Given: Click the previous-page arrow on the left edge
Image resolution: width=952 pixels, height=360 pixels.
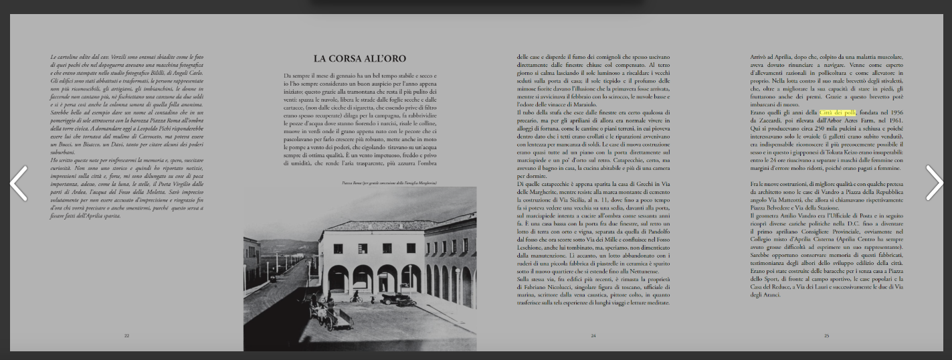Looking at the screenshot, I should pyautogui.click(x=18, y=183).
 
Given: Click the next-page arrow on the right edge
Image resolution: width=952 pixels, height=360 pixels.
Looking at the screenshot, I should pyautogui.click(x=934, y=183).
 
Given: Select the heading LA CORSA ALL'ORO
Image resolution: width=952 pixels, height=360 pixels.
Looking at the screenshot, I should pyautogui.click(x=359, y=59).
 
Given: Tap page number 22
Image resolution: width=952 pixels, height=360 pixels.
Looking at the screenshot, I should pyautogui.click(x=126, y=335).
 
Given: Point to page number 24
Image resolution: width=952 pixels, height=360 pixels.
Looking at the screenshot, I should pyautogui.click(x=593, y=335).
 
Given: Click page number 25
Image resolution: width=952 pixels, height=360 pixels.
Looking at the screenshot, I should pyautogui.click(x=826, y=335).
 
